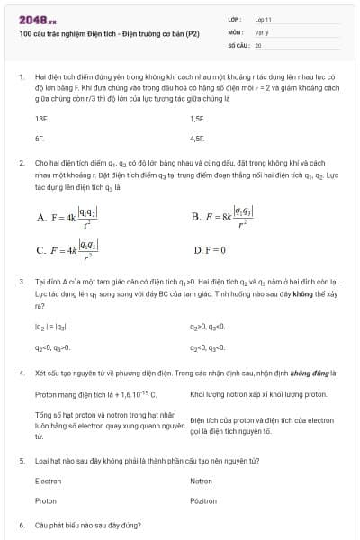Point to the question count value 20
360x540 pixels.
click(258, 44)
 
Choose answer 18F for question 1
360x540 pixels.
click(41, 118)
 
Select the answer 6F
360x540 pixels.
click(40, 139)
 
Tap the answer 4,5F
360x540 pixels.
click(198, 139)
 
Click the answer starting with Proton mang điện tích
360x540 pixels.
click(95, 394)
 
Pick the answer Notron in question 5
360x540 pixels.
click(201, 481)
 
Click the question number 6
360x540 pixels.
click(21, 524)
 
